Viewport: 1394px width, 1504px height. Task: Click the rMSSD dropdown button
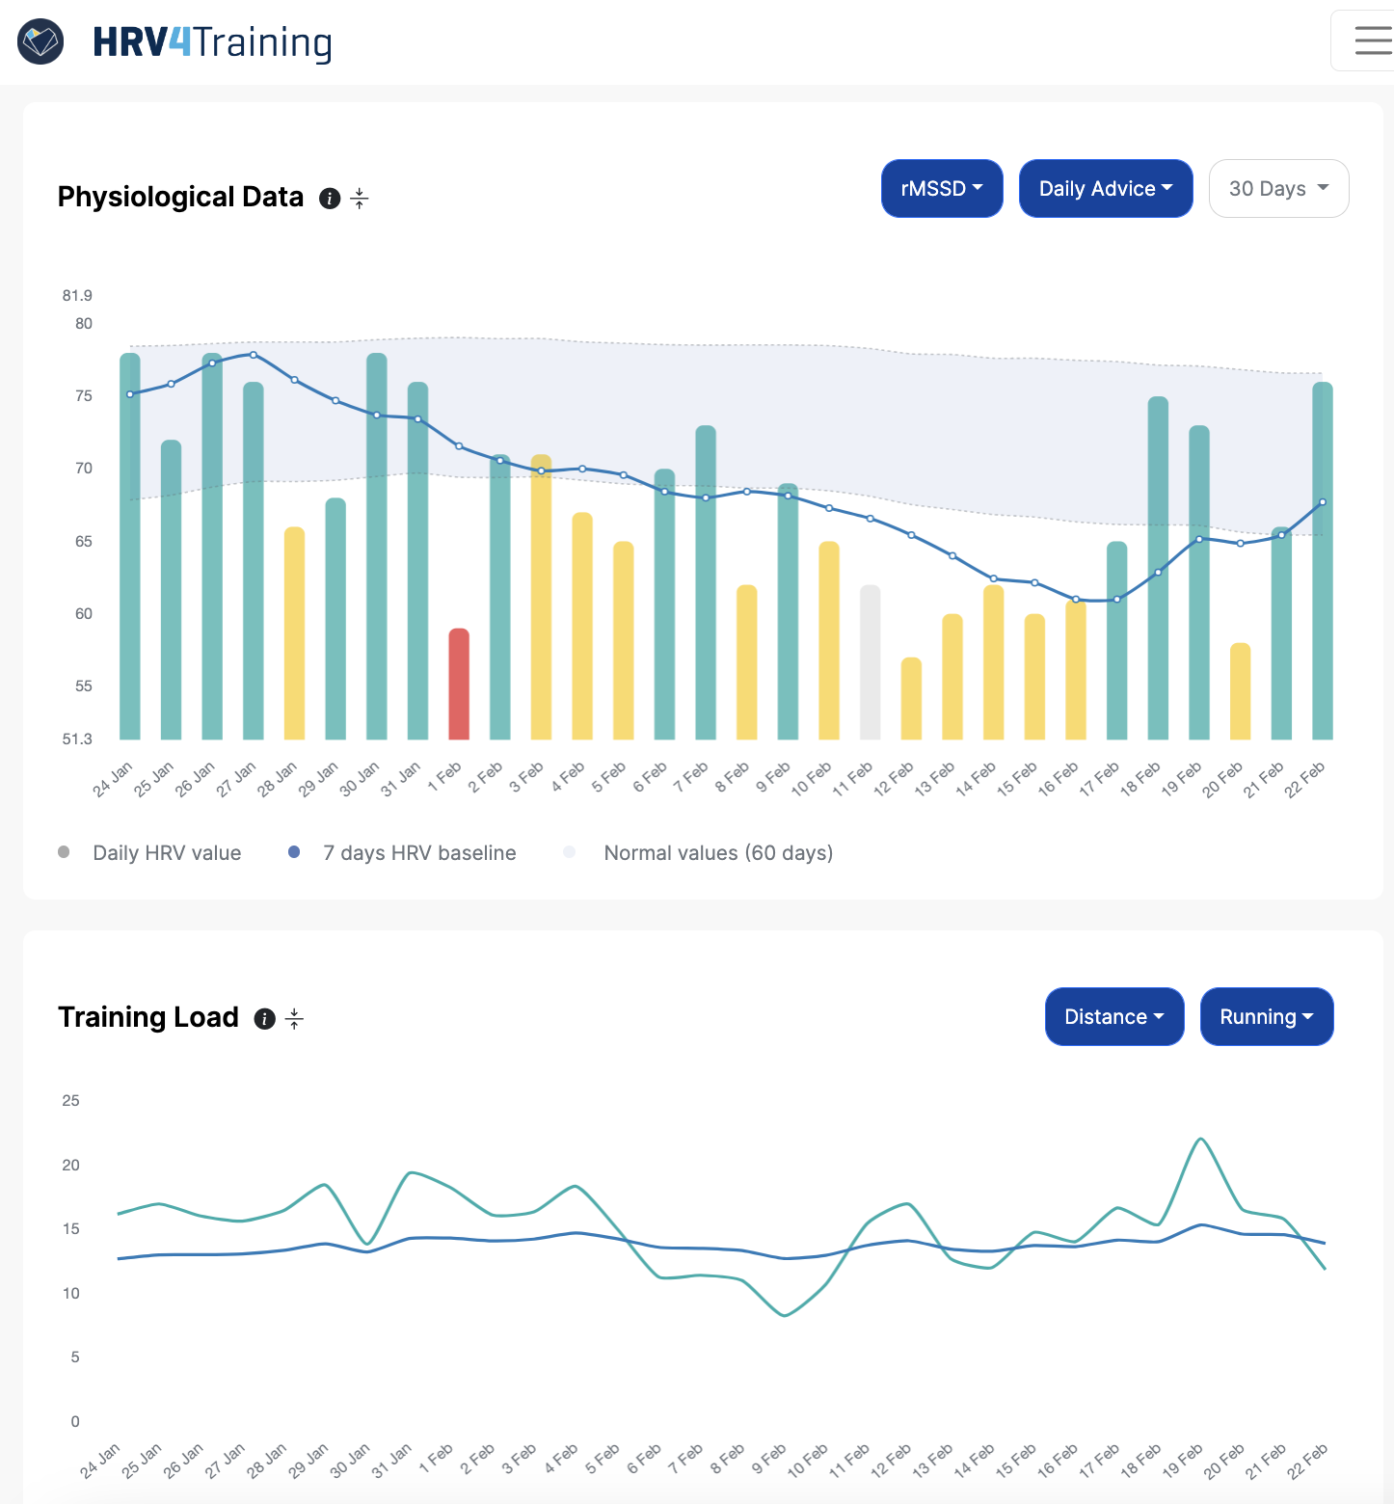tap(941, 189)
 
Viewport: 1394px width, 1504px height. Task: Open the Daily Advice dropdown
tap(1105, 189)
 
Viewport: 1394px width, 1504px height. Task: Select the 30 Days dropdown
tap(1277, 189)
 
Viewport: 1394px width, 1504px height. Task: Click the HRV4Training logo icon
tap(40, 41)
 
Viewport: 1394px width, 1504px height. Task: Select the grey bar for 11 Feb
tap(870, 662)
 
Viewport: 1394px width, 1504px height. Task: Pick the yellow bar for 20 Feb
tap(1240, 691)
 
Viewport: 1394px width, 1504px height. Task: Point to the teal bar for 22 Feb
tap(1322, 560)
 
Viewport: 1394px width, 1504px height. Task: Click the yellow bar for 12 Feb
tap(911, 698)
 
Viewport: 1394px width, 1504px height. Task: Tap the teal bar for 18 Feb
tap(1158, 568)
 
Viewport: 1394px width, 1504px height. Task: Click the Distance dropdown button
tap(1113, 1017)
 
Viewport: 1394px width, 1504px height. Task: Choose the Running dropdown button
tap(1266, 1017)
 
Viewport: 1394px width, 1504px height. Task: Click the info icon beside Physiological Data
tap(330, 199)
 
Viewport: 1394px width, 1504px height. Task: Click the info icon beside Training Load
tap(264, 1019)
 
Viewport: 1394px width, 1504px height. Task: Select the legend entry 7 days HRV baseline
tap(418, 853)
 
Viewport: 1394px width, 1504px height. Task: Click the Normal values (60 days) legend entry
tap(717, 853)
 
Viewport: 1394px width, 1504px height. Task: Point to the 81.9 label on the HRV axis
tap(77, 295)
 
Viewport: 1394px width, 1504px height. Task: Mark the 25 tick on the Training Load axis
tap(70, 1100)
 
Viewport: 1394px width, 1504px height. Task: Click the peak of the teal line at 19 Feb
tap(1200, 1140)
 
